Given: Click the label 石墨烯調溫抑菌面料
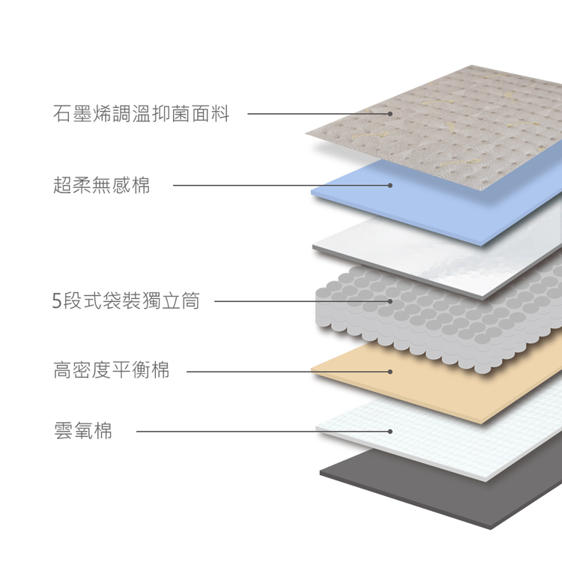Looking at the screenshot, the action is pyautogui.click(x=141, y=114).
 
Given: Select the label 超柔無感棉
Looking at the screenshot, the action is pyautogui.click(x=101, y=185).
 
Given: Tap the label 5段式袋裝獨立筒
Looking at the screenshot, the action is pyautogui.click(x=126, y=300).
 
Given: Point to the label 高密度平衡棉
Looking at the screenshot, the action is pyautogui.click(x=111, y=370).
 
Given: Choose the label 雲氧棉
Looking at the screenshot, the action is pyautogui.click(x=82, y=431).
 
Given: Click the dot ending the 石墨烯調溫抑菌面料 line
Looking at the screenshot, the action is pyautogui.click(x=390, y=114).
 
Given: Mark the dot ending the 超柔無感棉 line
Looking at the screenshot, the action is pyautogui.click(x=390, y=185).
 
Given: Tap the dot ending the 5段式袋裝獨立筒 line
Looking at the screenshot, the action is pyautogui.click(x=390, y=301).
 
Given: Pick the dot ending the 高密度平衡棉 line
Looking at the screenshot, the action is pyautogui.click(x=390, y=372).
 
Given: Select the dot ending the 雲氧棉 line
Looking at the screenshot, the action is pyautogui.click(x=390, y=432).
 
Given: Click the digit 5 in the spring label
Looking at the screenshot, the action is pyautogui.click(x=57, y=301).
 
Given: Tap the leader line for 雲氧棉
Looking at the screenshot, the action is pyautogui.click(x=263, y=432).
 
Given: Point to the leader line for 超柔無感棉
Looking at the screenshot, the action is pyautogui.click(x=281, y=185).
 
